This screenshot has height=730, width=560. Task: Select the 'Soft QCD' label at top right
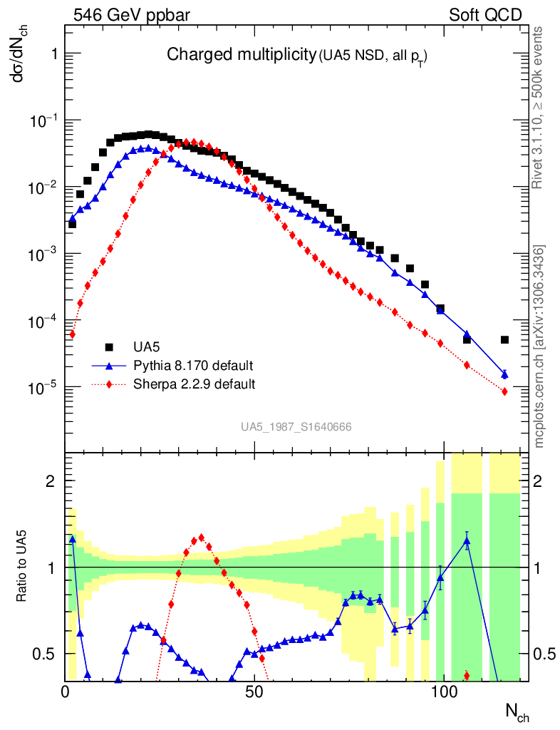tap(485, 15)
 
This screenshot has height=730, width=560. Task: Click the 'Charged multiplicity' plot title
tap(241, 54)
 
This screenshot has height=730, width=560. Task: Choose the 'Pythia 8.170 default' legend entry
tap(193, 366)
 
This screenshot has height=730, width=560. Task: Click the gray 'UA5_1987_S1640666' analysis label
tap(296, 427)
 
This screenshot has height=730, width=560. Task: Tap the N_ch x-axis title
tap(517, 711)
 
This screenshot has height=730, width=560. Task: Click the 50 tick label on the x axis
tap(254, 692)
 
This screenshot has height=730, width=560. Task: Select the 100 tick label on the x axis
tap(443, 692)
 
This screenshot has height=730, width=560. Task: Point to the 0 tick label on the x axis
tap(66, 692)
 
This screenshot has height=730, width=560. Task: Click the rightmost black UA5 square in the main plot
tap(504, 340)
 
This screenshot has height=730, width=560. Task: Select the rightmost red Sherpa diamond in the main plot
tap(504, 391)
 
